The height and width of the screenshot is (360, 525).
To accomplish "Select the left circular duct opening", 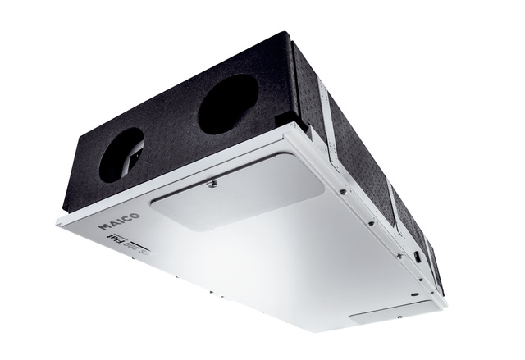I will [x=121, y=155].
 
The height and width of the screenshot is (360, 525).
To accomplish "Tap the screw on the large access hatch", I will [x=212, y=183].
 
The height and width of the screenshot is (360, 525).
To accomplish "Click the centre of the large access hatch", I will [x=239, y=196].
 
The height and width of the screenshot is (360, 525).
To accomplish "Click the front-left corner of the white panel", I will [x=58, y=219].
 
